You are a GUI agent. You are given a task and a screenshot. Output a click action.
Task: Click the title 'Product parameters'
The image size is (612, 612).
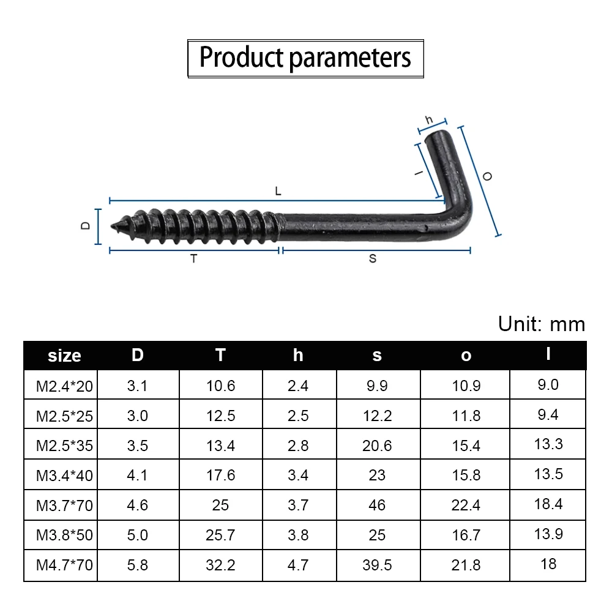(305, 58)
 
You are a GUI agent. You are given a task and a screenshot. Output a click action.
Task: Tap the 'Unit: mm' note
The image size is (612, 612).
(541, 324)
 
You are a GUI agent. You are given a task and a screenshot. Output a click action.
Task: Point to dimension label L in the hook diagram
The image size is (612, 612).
(278, 192)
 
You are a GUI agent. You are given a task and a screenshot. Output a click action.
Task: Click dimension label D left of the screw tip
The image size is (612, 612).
(86, 226)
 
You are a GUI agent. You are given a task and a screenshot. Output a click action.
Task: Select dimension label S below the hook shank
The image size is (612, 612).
(373, 259)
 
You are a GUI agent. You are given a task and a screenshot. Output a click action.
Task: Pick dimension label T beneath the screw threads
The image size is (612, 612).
(194, 259)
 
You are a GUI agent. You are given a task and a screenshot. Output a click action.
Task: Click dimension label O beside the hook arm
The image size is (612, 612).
(487, 176)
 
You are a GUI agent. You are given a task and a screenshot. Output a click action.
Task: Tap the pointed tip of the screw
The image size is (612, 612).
(115, 226)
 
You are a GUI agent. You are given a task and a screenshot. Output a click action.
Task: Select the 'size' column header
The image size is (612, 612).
(64, 356)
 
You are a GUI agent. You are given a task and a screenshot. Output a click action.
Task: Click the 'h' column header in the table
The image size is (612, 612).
(298, 355)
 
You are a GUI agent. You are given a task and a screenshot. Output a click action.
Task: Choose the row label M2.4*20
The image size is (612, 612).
(64, 386)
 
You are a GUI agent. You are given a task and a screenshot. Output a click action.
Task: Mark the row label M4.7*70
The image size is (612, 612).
(64, 565)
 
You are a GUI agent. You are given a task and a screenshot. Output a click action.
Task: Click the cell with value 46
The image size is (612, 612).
(377, 505)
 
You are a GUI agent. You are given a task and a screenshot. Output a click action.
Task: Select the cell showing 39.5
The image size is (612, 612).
(377, 565)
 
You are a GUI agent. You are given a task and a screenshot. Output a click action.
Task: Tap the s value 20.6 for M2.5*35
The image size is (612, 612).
(377, 446)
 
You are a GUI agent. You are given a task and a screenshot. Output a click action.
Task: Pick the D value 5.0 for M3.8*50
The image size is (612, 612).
(138, 535)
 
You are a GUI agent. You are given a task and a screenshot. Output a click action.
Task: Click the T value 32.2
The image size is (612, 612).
(220, 565)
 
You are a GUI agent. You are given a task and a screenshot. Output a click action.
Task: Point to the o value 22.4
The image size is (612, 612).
(466, 505)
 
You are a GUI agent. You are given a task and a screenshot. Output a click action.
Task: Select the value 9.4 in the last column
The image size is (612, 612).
(548, 415)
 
